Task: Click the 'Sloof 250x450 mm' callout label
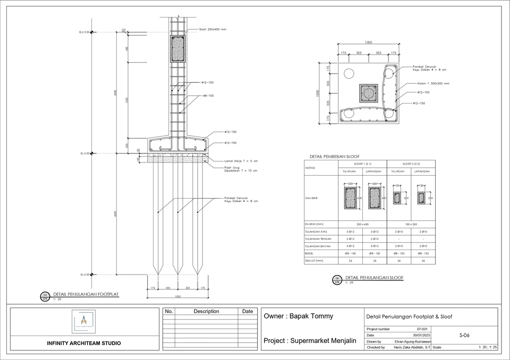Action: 212,30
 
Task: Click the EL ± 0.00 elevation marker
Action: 85,32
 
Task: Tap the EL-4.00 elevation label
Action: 85,275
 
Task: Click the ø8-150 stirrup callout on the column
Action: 208,96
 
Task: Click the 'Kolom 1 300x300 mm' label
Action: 433,83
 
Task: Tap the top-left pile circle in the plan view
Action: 349,73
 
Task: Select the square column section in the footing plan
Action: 368,93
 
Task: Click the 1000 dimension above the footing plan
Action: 368,42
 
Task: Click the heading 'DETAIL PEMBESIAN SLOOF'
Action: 334,157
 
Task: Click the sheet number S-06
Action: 464,336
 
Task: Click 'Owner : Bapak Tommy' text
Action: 299,316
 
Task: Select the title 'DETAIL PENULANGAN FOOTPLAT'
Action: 86,294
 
